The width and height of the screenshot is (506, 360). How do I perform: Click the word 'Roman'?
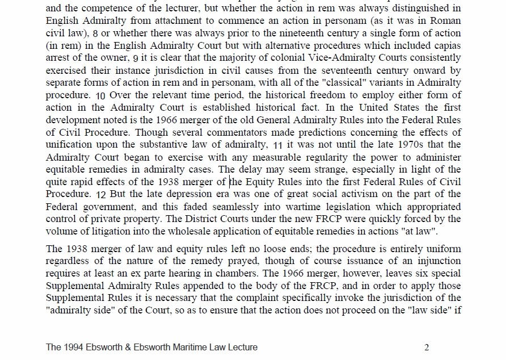pos(446,21)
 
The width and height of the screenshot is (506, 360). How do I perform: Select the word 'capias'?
pos(446,45)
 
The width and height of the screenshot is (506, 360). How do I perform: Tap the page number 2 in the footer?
pos(427,347)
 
